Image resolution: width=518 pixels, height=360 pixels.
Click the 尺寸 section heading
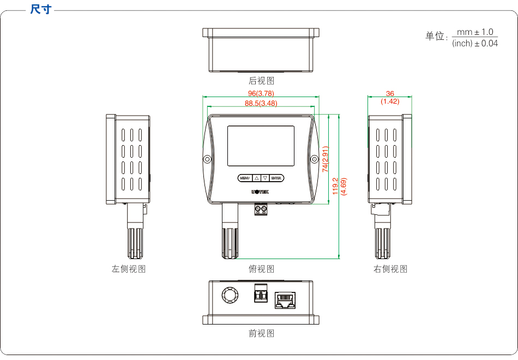point(40,9)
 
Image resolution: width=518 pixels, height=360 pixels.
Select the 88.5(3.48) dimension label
point(261,103)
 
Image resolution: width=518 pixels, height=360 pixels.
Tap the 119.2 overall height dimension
point(336,186)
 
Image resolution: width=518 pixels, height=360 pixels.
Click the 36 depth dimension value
point(390,94)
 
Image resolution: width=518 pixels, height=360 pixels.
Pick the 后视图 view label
point(261,81)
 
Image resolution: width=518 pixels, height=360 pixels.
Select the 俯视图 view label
point(261,269)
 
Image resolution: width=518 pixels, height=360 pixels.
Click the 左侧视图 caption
point(129,269)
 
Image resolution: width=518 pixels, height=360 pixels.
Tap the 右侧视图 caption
point(390,269)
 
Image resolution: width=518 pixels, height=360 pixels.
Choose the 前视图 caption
point(261,333)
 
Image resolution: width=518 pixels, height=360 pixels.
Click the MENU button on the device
point(244,178)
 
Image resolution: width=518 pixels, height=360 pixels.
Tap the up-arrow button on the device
point(256,178)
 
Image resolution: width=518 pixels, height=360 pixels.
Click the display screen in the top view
point(261,146)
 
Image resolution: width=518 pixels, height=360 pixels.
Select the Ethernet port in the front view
point(285,299)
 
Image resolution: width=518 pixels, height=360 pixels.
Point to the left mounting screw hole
point(207,159)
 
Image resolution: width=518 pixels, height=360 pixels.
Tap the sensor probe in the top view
point(230,240)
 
